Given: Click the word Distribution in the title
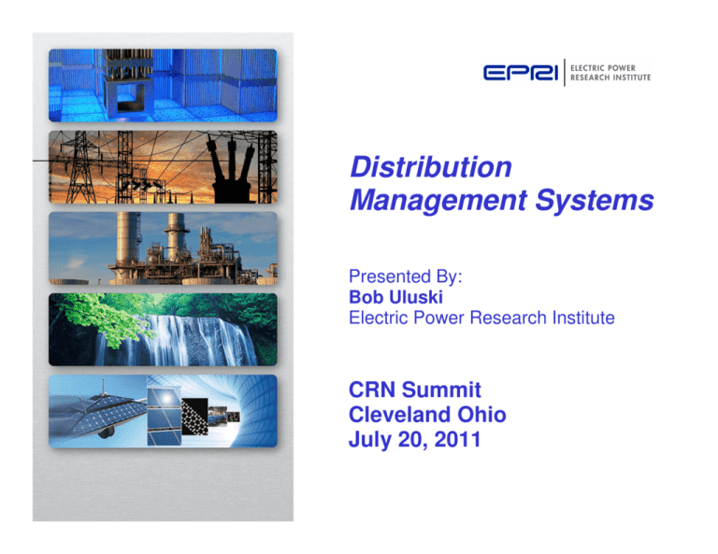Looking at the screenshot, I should (x=429, y=168).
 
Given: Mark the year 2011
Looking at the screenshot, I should (x=452, y=435).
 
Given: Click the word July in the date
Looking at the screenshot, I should (x=370, y=435).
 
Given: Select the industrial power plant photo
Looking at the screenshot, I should (x=163, y=249).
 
